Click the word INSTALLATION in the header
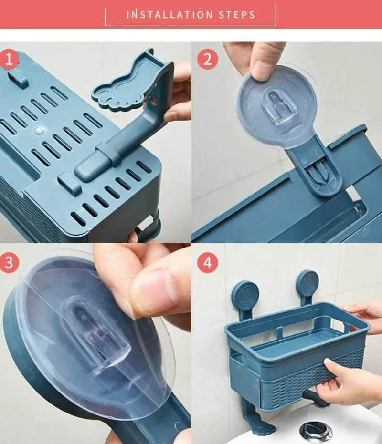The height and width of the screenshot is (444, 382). (170, 15)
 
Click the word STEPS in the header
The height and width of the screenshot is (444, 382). (237, 15)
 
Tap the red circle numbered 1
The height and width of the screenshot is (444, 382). (10, 60)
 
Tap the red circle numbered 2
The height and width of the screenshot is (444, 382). (208, 60)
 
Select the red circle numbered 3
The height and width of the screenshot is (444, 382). (10, 262)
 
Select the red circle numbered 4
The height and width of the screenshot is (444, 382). (208, 263)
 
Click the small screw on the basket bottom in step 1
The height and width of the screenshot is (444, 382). (40, 130)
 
